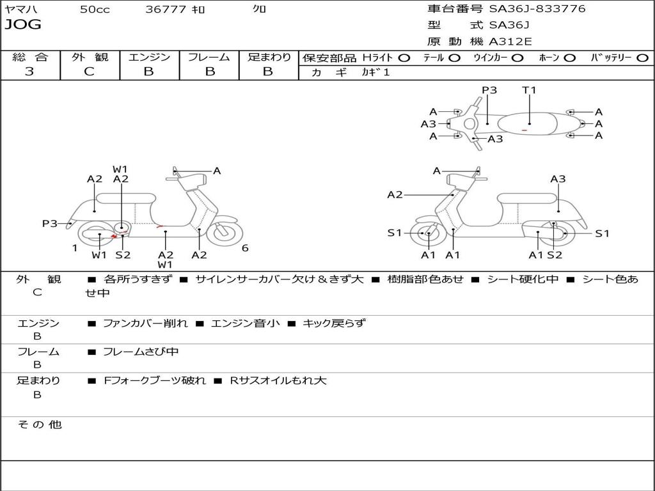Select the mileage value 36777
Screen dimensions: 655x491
pyautogui.click(x=166, y=10)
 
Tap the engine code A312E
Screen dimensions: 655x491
pyautogui.click(x=510, y=42)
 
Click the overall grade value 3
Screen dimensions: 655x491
pyautogui.click(x=29, y=72)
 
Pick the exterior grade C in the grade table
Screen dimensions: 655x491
pyautogui.click(x=89, y=72)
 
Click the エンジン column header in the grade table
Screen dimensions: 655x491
pyautogui.click(x=149, y=57)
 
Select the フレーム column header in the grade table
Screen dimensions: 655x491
pyautogui.click(x=209, y=57)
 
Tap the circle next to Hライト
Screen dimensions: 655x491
pyautogui.click(x=404, y=58)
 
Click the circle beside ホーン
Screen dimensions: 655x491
pyautogui.click(x=570, y=58)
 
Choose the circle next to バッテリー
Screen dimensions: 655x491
pyautogui.click(x=642, y=58)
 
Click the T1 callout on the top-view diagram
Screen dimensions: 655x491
pyautogui.click(x=529, y=90)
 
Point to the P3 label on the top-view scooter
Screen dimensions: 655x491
pyautogui.click(x=489, y=90)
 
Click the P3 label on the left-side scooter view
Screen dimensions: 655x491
pyautogui.click(x=50, y=224)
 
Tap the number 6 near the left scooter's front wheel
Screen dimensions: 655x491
pyautogui.click(x=245, y=248)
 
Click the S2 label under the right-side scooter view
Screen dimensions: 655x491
pyautogui.click(x=555, y=255)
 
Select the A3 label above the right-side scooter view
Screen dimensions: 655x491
pyautogui.click(x=558, y=179)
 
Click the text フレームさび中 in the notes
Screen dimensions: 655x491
pyautogui.click(x=141, y=352)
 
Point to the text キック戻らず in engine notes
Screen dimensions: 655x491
pyautogui.click(x=333, y=323)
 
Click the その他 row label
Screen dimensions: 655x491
pyautogui.click(x=39, y=425)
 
